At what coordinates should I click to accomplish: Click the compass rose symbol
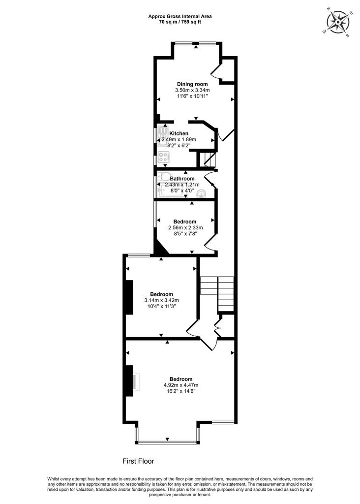tap(338, 22)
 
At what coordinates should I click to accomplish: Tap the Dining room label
tap(192, 84)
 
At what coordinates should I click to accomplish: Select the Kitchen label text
tap(179, 133)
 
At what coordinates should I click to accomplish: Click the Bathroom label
tap(182, 178)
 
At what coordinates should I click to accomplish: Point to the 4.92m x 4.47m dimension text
tap(181, 385)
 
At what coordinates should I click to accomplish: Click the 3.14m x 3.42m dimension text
tap(161, 300)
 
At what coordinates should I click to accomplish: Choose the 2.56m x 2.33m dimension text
tap(185, 227)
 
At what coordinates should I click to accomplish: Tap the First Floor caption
tap(138, 461)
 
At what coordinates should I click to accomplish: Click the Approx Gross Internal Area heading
tap(180, 16)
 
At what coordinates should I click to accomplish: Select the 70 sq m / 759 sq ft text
tap(180, 22)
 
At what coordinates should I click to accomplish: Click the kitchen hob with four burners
tap(163, 157)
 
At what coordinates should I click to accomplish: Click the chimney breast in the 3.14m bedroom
tap(129, 297)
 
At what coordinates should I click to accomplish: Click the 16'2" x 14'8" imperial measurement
tap(181, 391)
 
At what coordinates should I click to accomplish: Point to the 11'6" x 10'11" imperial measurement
tap(192, 96)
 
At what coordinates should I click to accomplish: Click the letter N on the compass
tap(329, 9)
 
